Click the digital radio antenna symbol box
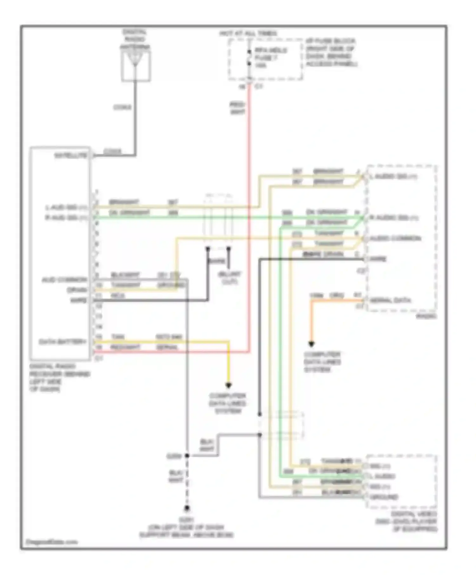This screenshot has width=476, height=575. [136, 66]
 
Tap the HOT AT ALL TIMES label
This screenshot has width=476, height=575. [248, 33]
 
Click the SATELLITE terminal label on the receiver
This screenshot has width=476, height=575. [70, 155]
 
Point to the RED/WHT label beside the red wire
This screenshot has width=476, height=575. [237, 108]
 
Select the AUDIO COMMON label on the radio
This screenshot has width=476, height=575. [395, 238]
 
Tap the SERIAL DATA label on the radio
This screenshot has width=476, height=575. [390, 300]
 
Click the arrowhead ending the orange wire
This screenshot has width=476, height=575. [311, 344]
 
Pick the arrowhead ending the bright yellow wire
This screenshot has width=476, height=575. [228, 385]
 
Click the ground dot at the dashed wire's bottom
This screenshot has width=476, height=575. [187, 508]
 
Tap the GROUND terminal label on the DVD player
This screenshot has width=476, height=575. [384, 497]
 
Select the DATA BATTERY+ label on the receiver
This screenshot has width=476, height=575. [63, 342]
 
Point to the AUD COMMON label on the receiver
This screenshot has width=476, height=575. [64, 280]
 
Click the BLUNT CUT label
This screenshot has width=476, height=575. [229, 278]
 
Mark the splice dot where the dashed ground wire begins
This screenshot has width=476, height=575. [187, 456]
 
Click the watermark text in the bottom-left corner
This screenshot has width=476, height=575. [51, 542]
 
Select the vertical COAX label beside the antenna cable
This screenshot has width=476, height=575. [122, 107]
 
